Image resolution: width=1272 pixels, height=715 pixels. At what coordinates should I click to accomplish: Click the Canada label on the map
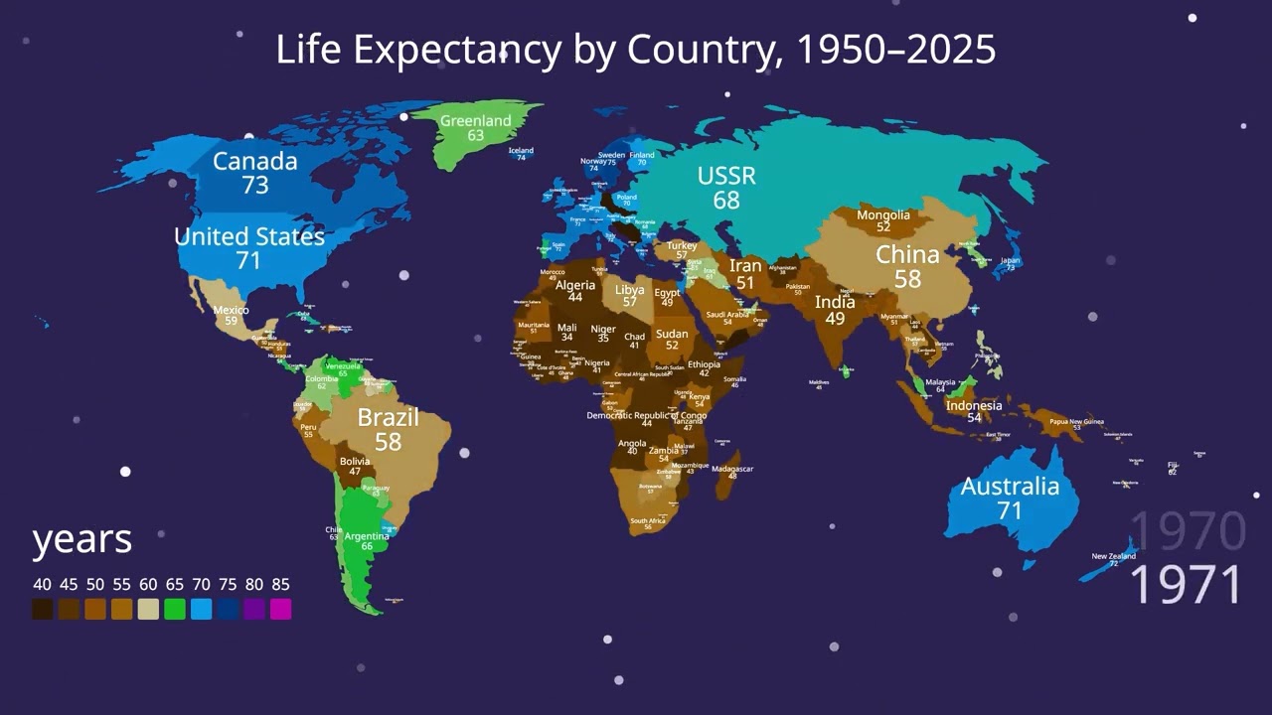coord(254,161)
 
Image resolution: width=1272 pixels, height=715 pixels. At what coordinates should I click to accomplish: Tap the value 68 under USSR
coord(726,201)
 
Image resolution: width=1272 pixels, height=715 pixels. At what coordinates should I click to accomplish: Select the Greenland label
coord(475,120)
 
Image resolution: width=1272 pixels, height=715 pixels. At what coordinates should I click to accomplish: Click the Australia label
coord(1010,486)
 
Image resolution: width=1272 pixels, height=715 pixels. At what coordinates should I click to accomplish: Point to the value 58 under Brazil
coord(388,442)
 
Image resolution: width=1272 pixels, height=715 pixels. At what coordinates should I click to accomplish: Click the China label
coord(907,255)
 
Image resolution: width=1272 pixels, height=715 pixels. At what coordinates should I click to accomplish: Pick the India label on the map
coord(835,302)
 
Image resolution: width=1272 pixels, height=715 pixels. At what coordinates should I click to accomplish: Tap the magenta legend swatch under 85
coord(280,610)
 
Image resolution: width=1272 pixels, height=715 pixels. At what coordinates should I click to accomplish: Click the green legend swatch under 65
coord(174,610)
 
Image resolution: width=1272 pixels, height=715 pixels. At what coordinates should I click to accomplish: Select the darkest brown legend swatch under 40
coord(42,610)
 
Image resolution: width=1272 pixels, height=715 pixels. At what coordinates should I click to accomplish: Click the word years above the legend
coord(81,539)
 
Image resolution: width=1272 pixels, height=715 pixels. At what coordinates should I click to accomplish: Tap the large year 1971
coord(1187,585)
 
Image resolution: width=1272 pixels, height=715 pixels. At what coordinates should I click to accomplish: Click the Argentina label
coord(367,536)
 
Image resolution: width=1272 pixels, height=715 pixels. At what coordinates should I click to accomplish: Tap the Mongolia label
coord(882,215)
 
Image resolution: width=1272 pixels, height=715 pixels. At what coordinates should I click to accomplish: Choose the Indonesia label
coord(974,405)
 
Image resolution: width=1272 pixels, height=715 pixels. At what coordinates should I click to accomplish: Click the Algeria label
coord(575,285)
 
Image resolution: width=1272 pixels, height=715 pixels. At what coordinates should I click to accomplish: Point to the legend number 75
coord(228,584)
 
